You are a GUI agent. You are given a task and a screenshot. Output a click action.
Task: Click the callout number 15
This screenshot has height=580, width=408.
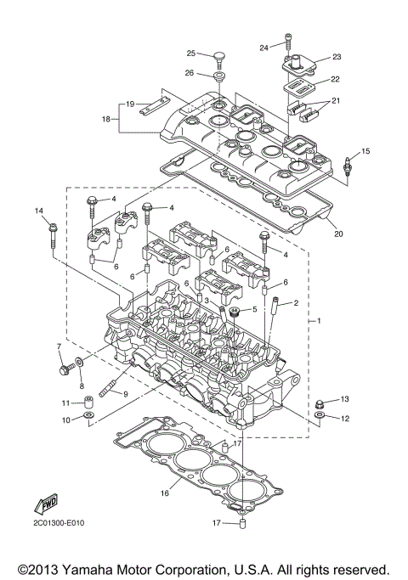[x=366, y=151]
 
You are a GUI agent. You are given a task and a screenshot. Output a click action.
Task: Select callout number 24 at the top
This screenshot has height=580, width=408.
[x=264, y=47]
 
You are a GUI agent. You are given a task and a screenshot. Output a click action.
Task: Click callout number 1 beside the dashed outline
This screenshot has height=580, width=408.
[x=318, y=322]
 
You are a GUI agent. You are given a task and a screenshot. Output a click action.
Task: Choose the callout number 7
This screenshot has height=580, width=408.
[x=59, y=346]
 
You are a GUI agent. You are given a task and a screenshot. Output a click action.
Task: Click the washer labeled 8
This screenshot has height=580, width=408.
[x=79, y=364]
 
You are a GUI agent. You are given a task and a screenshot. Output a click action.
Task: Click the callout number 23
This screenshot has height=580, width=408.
[x=336, y=57]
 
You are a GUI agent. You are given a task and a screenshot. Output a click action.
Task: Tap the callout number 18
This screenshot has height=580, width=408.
[x=106, y=120]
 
